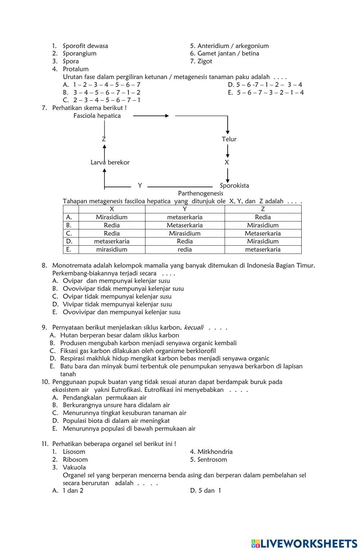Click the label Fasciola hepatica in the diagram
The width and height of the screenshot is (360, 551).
97,116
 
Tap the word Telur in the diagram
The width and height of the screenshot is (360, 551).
229,139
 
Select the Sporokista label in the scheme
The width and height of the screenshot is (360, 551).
234,185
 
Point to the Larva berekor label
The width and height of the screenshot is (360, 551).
110,162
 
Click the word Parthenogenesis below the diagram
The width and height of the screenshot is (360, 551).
201,193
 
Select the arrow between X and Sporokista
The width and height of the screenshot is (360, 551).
228,175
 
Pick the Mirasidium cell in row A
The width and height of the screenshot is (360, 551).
112,217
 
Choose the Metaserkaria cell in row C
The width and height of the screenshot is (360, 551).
262,233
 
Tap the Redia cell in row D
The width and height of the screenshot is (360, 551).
185,241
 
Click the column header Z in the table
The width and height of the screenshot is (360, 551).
263,209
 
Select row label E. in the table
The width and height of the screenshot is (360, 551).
69,249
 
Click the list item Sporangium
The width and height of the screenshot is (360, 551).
80,53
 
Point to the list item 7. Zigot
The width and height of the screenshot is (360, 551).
201,61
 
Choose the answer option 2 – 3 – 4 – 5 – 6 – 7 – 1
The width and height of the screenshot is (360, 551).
107,100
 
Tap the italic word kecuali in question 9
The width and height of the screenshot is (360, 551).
194,327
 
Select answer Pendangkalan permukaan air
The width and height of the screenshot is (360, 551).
104,398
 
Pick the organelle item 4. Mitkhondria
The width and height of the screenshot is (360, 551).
211,452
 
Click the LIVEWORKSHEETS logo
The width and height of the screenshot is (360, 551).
304,543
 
